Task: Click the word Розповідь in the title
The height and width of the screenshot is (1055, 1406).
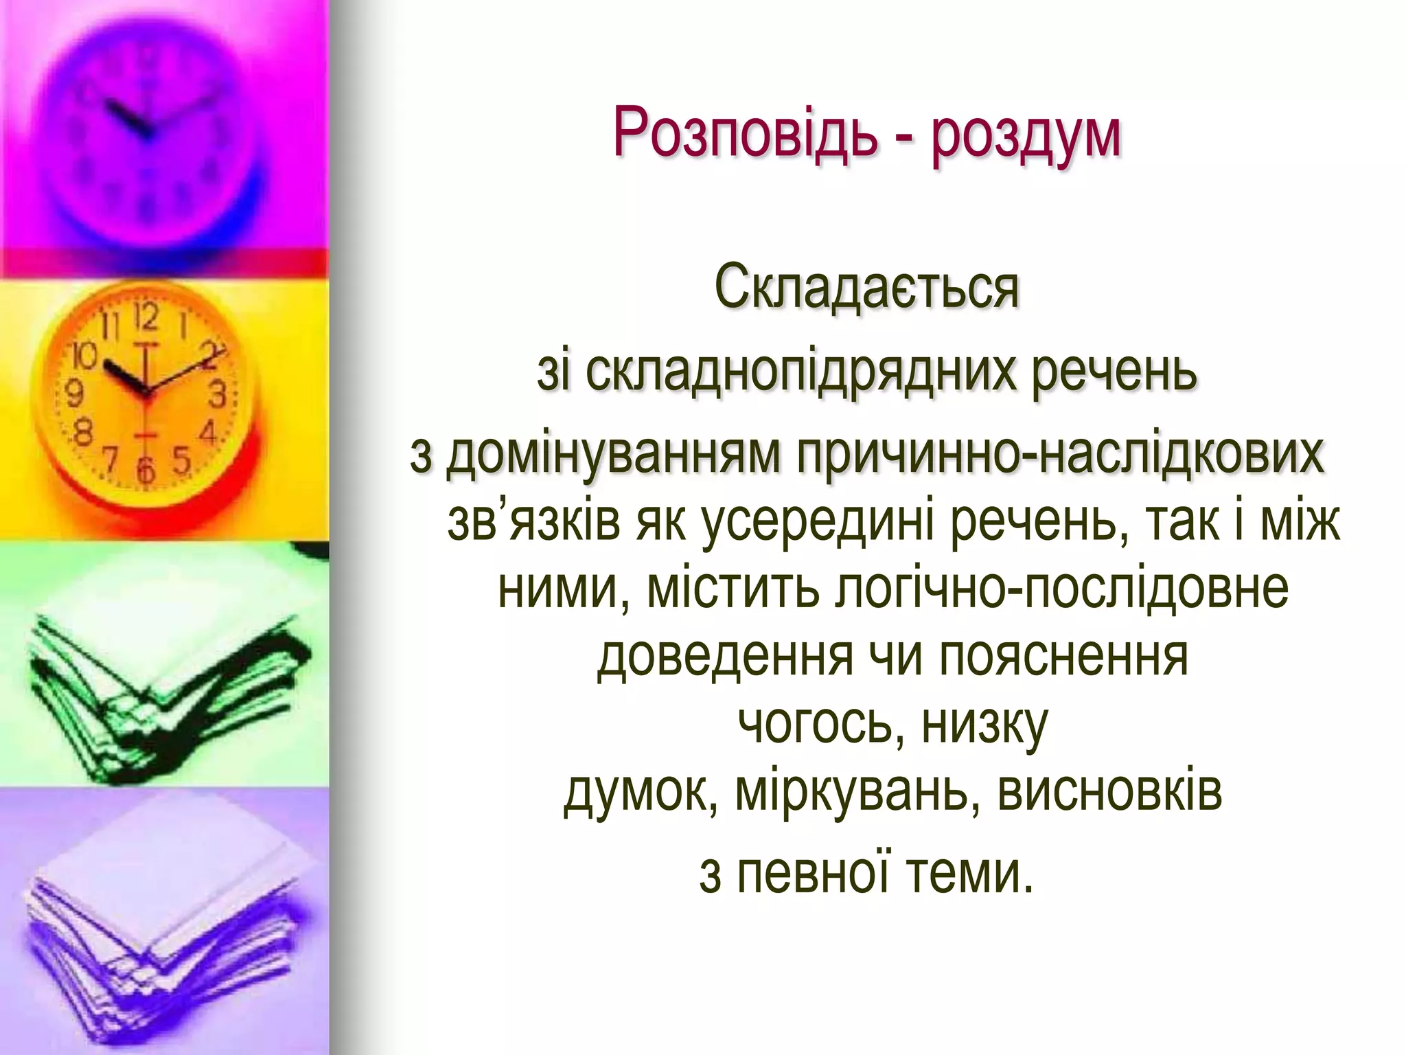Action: click(746, 133)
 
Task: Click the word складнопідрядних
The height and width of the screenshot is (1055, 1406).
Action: click(799, 372)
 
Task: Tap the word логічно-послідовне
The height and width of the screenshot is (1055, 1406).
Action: click(1061, 589)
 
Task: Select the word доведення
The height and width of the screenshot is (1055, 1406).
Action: click(725, 657)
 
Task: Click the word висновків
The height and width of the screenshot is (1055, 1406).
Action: click(1109, 791)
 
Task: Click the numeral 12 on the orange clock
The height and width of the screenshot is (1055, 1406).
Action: click(146, 317)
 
